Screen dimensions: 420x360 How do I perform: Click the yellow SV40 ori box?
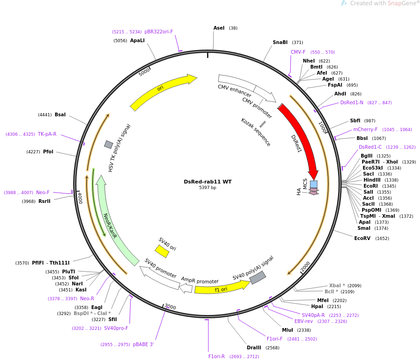click(162, 251)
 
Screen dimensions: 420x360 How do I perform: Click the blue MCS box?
click(313, 184)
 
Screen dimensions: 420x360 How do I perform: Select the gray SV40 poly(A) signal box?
click(257, 278)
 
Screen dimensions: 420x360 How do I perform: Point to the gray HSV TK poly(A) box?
click(108, 145)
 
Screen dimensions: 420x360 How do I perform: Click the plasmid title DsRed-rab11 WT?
click(207, 182)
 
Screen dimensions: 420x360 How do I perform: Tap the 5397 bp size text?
click(207, 187)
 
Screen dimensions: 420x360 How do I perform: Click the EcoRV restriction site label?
click(362, 238)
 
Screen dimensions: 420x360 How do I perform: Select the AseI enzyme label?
click(219, 28)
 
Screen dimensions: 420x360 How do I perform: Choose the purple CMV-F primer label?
click(298, 52)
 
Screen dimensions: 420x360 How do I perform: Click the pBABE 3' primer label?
click(143, 344)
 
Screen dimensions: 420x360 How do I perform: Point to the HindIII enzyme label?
click(372, 180)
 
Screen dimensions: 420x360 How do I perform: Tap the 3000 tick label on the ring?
click(170, 306)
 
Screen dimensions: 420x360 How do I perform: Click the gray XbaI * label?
click(337, 285)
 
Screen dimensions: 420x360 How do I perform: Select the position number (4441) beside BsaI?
click(45, 115)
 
